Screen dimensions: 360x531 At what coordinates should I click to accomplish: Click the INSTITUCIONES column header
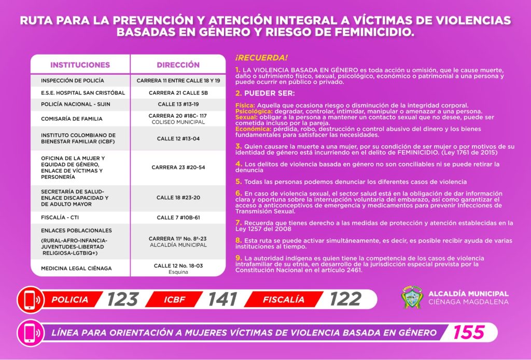click(80, 65)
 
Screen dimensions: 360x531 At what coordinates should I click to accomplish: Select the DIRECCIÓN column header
click(178, 65)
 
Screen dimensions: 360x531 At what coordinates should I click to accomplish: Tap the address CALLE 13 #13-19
click(178, 104)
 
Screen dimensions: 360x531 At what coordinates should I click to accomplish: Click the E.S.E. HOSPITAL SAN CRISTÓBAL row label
click(76, 92)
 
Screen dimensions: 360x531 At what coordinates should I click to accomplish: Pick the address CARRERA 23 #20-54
click(178, 168)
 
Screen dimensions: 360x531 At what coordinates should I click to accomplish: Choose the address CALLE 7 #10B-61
click(178, 217)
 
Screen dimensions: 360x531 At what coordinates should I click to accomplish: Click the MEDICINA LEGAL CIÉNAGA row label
click(76, 268)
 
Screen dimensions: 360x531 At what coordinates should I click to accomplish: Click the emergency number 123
click(123, 299)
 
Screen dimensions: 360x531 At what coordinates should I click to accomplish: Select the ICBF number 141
click(222, 299)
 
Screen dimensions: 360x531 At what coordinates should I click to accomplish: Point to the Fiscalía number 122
click(345, 299)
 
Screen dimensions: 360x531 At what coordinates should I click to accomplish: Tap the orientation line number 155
click(469, 332)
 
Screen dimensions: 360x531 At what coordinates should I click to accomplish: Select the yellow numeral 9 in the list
click(239, 258)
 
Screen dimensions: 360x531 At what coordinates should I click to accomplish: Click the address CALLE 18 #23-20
click(178, 198)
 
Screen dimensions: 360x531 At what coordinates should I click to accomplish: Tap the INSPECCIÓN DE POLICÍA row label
click(73, 80)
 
